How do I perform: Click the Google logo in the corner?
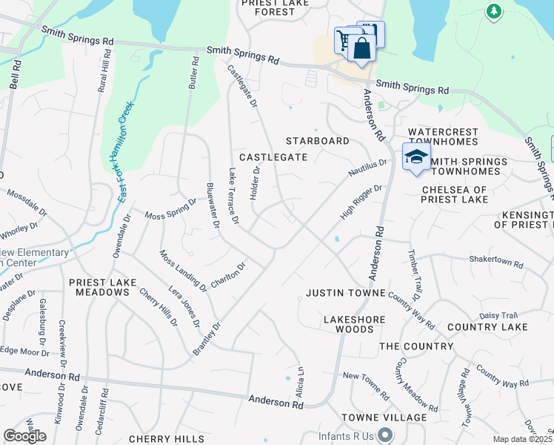coord(24,436)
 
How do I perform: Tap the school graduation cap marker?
coord(416,157)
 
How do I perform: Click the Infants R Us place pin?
coord(385,435)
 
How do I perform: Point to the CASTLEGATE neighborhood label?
coord(273,157)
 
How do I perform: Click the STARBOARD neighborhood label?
coord(318,141)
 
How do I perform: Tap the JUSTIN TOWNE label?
coord(345,293)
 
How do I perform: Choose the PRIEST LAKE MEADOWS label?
coord(100,287)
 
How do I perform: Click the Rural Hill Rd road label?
coord(104,71)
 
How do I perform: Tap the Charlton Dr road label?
coord(228,276)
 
